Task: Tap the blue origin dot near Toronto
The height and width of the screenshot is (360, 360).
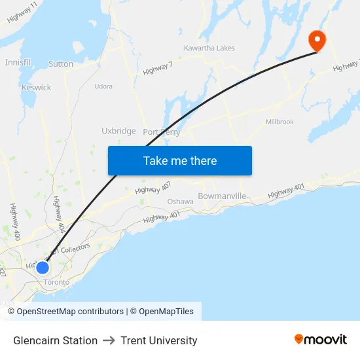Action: click(x=43, y=267)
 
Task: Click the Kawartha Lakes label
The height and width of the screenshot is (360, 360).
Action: click(x=209, y=48)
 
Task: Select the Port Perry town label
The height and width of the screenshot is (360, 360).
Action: click(x=161, y=132)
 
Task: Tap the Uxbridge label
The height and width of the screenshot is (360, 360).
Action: click(x=118, y=131)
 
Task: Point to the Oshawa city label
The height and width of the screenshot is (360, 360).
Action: click(x=180, y=202)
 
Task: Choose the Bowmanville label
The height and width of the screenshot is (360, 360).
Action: click(x=222, y=196)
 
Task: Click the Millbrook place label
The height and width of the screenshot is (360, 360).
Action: click(x=279, y=122)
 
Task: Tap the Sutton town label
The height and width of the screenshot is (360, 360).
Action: click(x=61, y=64)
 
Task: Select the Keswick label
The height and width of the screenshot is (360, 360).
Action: click(x=36, y=87)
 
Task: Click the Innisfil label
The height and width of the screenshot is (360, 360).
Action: click(x=18, y=62)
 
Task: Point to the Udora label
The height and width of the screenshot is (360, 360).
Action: click(x=103, y=86)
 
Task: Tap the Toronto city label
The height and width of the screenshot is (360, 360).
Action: click(x=56, y=282)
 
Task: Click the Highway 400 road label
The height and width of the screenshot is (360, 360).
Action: click(x=14, y=221)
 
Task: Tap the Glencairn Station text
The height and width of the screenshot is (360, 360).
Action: click(x=55, y=340)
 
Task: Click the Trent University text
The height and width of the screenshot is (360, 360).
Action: click(x=158, y=340)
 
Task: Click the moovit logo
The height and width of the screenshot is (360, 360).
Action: click(x=320, y=340)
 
